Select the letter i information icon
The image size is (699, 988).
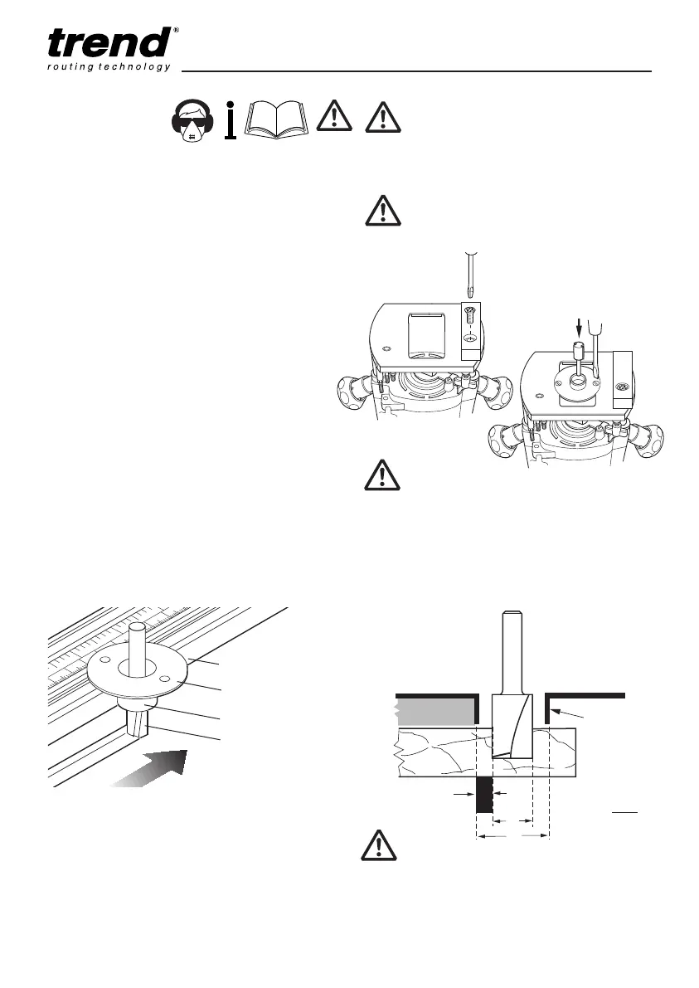pos(231,119)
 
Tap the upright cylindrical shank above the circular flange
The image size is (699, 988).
pos(138,646)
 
